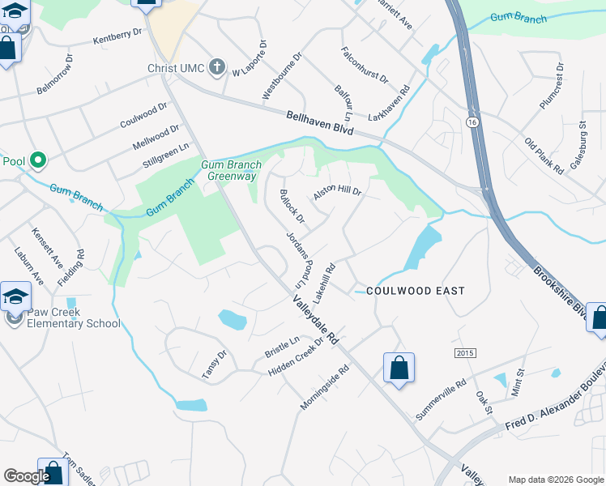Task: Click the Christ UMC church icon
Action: pyautogui.click(x=216, y=67)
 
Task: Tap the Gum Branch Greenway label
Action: pyautogui.click(x=228, y=171)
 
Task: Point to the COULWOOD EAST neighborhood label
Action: pyautogui.click(x=416, y=290)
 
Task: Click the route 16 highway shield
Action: pyautogui.click(x=471, y=121)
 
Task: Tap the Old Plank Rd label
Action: pyautogui.click(x=544, y=156)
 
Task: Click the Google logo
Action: pyautogui.click(x=26, y=476)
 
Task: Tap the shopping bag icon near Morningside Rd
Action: pyautogui.click(x=399, y=369)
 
